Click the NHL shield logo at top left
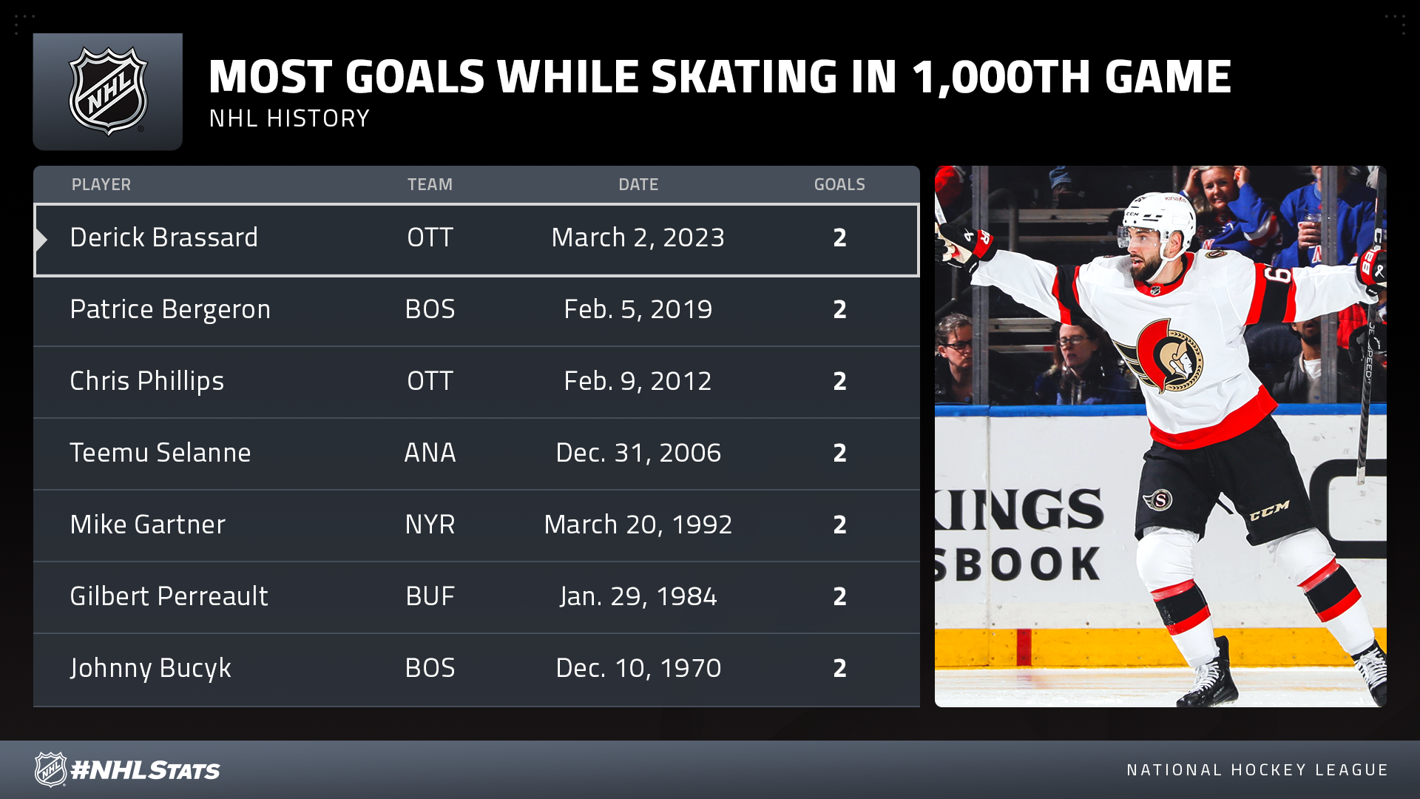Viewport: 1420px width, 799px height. [108, 92]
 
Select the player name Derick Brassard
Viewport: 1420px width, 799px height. [163, 237]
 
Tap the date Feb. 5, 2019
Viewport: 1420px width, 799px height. [638, 309]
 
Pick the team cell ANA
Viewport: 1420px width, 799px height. [430, 453]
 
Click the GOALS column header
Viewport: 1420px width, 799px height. [839, 184]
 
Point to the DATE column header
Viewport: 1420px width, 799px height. [638, 184]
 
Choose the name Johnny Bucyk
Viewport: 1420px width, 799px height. [150, 668]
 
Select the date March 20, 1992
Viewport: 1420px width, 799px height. [638, 525]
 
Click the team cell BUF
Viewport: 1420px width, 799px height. [430, 596]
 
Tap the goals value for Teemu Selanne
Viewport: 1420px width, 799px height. [839, 453]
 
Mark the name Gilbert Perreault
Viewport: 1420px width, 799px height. [169, 596]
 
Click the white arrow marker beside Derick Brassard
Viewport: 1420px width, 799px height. [41, 239]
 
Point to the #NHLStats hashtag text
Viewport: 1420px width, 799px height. [145, 770]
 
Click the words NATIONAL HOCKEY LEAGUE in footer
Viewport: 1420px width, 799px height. [1257, 770]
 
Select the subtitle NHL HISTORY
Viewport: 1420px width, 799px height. [289, 118]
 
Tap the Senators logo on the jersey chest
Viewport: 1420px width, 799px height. [1165, 356]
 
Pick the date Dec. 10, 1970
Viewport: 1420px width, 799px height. [638, 668]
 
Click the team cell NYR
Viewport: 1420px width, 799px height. [430, 525]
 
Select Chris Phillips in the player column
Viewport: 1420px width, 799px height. [146, 381]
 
